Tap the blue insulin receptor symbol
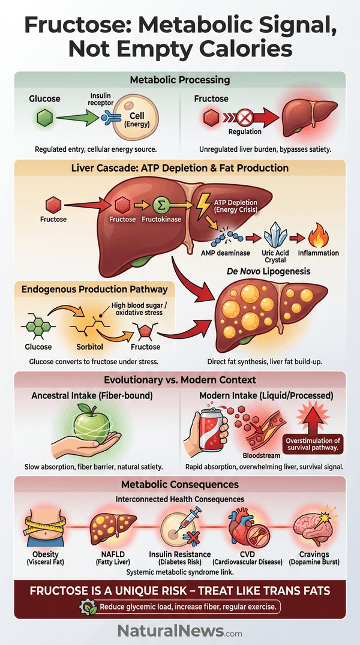(108, 118)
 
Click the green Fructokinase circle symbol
(160, 204)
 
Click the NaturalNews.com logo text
(180, 630)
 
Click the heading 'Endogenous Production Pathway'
(95, 289)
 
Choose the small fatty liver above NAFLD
(113, 529)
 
